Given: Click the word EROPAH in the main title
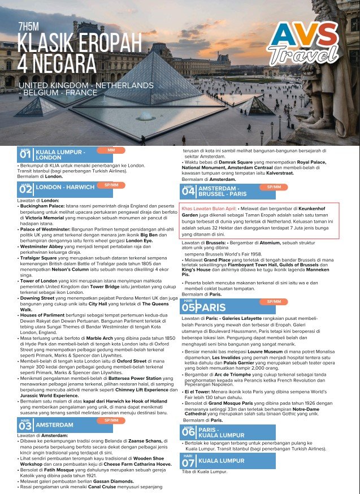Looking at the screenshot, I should coord(109,42).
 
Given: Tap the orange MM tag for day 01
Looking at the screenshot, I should coord(111,150).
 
